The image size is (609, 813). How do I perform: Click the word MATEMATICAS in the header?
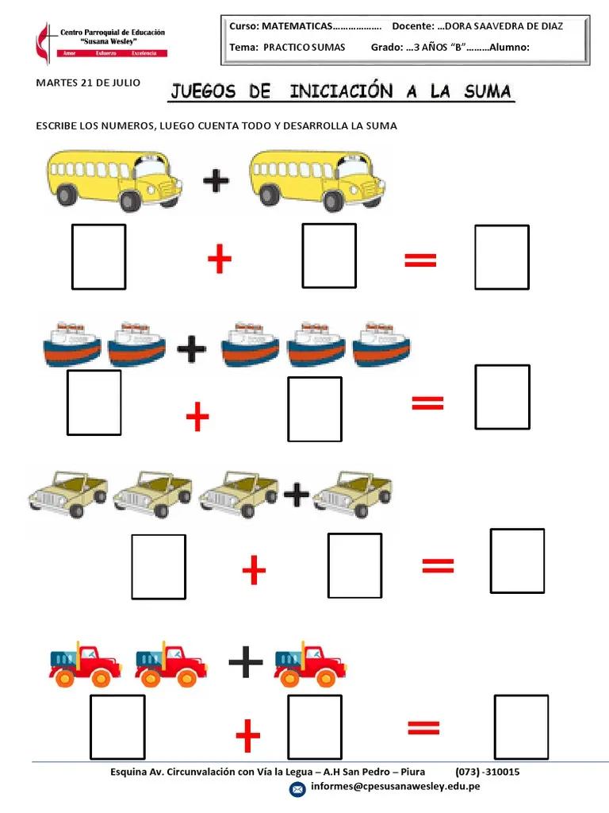click(297, 26)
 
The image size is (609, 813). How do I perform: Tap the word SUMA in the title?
click(488, 91)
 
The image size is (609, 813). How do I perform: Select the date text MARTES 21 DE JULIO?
click(88, 83)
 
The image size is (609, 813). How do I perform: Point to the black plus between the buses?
click(216, 180)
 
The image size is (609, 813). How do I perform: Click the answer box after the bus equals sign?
click(502, 256)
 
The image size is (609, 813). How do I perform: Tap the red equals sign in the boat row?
click(427, 403)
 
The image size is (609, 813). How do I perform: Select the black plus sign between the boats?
click(192, 349)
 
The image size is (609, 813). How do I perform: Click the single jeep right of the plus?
click(352, 494)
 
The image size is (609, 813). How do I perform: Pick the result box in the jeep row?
click(517, 561)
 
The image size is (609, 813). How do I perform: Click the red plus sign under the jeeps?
click(254, 570)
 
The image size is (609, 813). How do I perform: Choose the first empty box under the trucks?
click(117, 727)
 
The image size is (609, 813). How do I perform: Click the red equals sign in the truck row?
click(423, 728)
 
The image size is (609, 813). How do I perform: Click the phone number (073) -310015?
click(488, 772)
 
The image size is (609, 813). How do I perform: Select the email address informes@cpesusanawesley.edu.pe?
click(395, 787)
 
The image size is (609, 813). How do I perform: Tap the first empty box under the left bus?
click(99, 256)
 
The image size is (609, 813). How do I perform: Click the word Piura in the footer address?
click(412, 772)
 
